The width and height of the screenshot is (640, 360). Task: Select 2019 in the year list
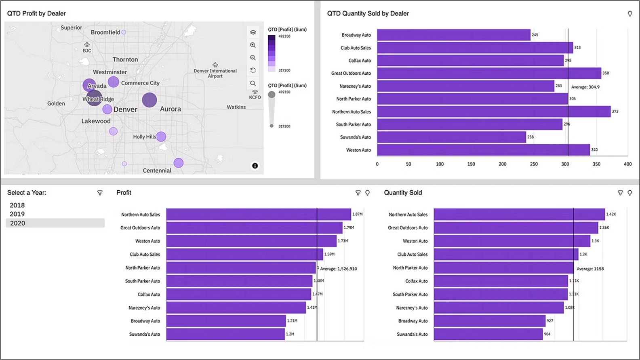17,214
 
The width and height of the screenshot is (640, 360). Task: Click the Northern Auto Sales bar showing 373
493,112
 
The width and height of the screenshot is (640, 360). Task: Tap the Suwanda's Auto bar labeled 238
451,137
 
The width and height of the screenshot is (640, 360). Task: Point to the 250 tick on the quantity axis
534,164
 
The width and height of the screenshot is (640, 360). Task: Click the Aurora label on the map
170,109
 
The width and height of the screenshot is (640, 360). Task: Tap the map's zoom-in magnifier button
253,45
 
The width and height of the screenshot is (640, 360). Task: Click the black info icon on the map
255,166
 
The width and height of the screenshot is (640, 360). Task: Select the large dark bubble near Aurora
149,100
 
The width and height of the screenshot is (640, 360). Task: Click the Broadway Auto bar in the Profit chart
225,321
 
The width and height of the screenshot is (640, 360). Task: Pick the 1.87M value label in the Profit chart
357,214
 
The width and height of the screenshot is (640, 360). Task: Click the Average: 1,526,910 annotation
339,269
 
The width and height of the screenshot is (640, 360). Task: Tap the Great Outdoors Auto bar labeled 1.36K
515,227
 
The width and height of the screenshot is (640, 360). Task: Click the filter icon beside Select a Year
100,193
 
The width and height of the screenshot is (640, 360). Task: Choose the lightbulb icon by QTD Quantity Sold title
629,14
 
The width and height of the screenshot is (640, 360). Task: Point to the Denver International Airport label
215,73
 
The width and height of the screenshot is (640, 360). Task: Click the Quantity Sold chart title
402,193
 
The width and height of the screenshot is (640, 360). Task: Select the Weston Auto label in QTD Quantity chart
358,150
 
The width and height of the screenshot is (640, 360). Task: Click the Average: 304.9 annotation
585,87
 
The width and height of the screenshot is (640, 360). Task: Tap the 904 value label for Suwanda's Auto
547,334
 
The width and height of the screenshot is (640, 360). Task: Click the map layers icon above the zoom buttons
253,32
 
